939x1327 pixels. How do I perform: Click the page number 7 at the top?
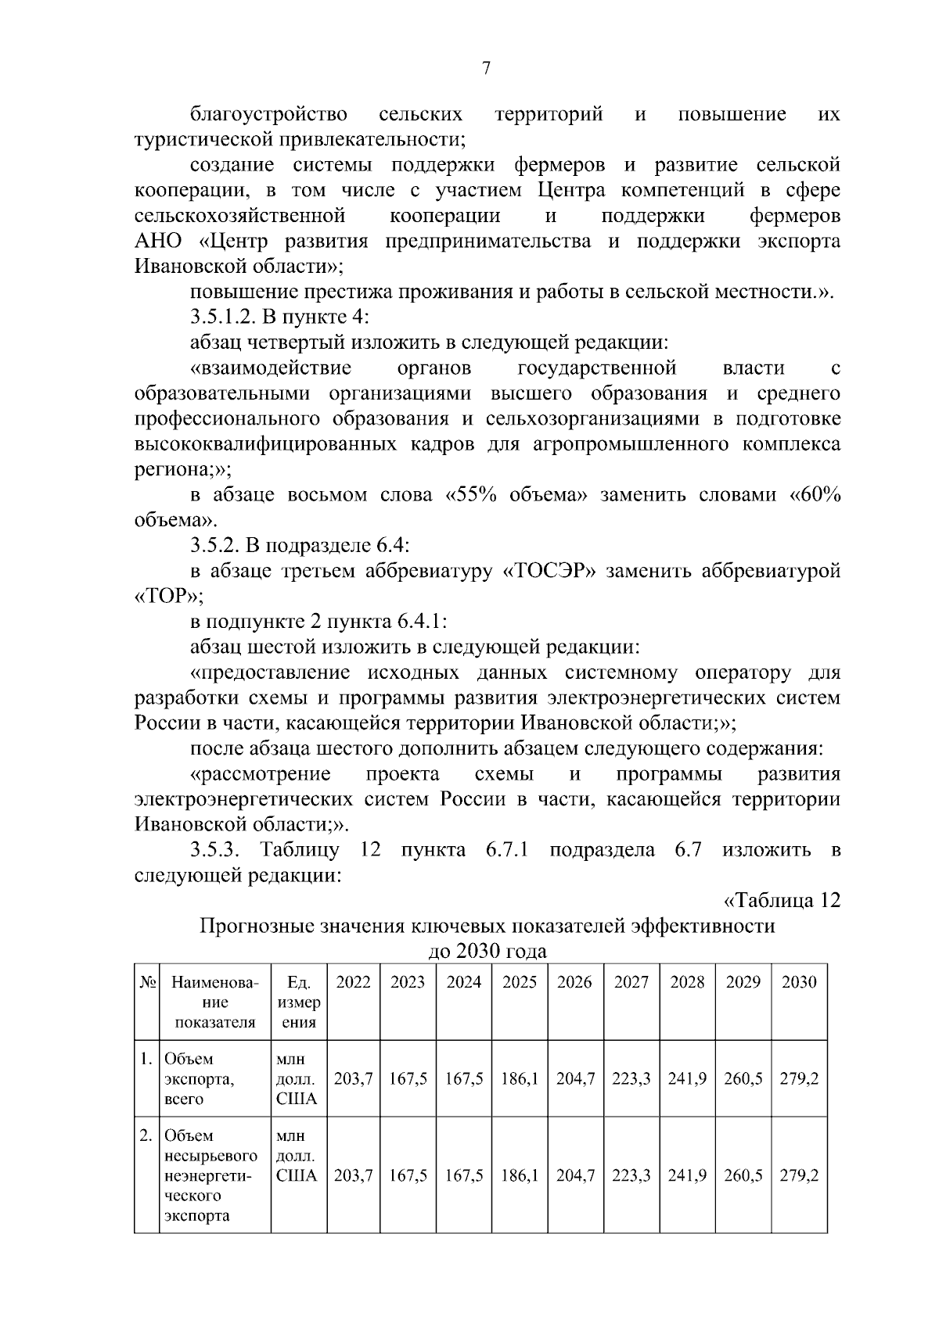pos(485,69)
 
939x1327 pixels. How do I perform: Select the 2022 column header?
pos(353,983)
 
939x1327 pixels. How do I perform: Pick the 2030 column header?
pos(799,983)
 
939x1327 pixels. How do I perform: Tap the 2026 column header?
pos(575,983)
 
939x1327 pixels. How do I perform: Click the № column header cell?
pos(146,983)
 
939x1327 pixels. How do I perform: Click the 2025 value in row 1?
pos(520,1079)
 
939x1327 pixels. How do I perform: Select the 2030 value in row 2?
pos(799,1176)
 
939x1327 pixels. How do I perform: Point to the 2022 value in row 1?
pos(353,1079)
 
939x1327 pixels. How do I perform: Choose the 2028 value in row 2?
pos(687,1176)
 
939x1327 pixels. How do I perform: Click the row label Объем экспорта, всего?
pos(199,1079)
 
